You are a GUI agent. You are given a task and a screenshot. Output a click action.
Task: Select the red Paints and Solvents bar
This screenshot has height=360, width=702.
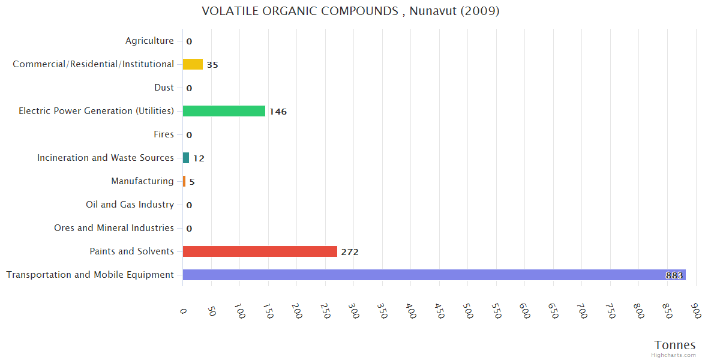coord(260,251)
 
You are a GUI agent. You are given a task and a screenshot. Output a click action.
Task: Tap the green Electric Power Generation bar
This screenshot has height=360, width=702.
coord(224,111)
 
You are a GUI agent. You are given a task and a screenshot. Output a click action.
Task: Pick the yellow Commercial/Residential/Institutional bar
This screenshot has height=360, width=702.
coord(193,64)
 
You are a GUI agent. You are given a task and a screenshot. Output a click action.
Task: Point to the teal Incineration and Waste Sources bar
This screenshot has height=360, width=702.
coord(186,158)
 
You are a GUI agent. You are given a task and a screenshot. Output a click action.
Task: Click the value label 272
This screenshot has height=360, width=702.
coord(350,252)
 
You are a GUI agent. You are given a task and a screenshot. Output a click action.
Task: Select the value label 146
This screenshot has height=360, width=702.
coord(278,112)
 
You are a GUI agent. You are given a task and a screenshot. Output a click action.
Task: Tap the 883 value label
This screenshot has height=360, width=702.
coord(674,275)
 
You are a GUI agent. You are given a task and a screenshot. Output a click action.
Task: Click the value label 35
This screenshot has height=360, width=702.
coord(212,65)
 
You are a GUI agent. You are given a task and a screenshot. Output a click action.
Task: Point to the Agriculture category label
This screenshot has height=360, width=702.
coord(149,41)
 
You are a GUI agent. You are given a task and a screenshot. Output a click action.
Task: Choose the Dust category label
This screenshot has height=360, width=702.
coord(164,88)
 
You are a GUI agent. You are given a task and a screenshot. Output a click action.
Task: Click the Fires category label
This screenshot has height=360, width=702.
coord(163,134)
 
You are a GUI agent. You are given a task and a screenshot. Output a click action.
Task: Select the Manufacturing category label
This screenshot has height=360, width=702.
coord(142,181)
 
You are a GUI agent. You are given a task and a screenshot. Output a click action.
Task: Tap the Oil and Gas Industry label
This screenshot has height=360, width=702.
coord(130,205)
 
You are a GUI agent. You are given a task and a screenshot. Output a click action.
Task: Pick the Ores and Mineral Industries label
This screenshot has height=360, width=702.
coord(114,228)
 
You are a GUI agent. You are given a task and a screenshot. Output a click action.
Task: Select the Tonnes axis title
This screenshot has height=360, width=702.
coord(674,345)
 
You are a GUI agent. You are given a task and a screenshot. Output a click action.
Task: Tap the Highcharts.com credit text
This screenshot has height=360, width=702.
coord(674,355)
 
